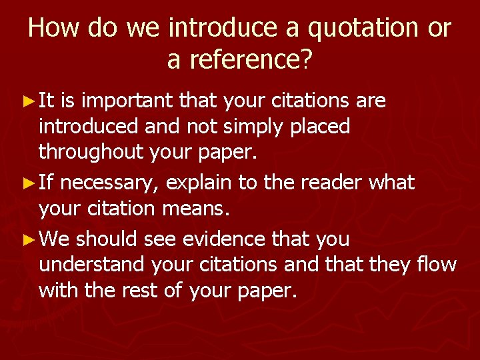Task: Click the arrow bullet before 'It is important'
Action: pyautogui.click(x=28, y=101)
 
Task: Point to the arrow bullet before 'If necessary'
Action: pyautogui.click(x=28, y=182)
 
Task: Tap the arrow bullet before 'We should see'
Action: pyautogui.click(x=28, y=239)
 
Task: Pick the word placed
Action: pyautogui.click(x=320, y=127)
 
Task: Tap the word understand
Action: pyautogui.click(x=92, y=265)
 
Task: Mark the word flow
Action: pyautogui.click(x=437, y=265)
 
